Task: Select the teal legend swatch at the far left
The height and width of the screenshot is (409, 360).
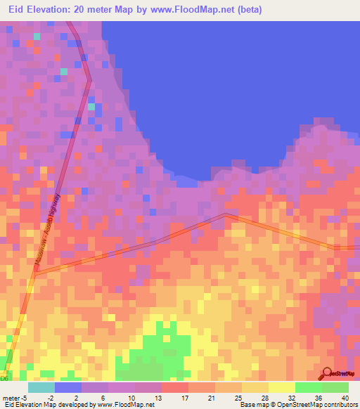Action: coord(41,387)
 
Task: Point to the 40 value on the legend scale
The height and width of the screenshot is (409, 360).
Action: coord(345,396)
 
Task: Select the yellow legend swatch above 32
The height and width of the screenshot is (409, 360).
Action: coord(282,387)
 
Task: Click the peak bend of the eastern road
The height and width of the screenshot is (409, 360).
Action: coord(225,214)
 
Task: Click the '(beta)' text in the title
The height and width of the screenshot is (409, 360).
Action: coord(270,10)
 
